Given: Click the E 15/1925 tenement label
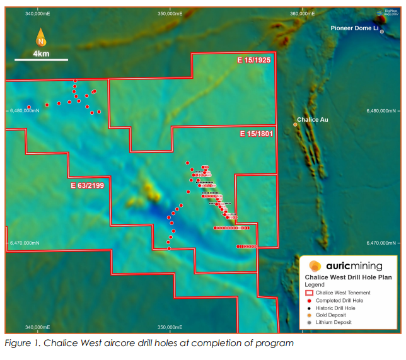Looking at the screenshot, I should [255, 60].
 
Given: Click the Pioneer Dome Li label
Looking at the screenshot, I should [354, 28].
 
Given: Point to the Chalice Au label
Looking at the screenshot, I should [313, 119].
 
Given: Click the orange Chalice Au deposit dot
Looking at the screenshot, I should [295, 125].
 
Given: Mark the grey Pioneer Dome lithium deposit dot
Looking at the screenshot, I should [382, 32].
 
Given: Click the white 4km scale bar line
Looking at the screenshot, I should [41, 60].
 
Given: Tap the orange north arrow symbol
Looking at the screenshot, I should [41, 38].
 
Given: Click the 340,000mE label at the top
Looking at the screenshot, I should [38, 13].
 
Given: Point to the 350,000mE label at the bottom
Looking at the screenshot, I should [170, 327].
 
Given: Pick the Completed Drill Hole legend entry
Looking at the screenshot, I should [339, 300].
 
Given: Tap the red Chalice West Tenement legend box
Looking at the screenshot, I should [309, 293].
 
